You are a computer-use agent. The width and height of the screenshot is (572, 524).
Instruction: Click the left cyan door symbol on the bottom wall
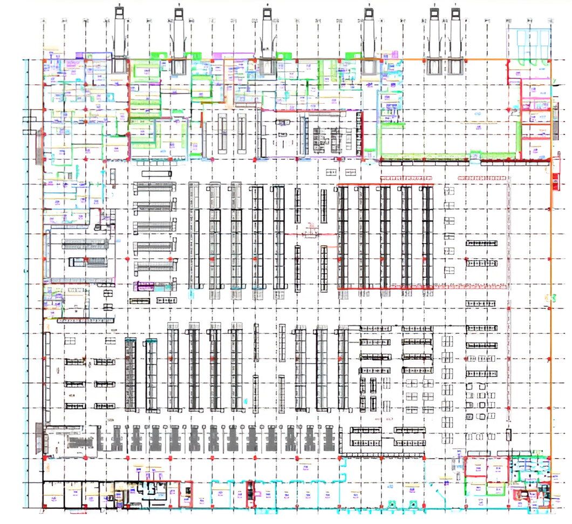coord(391,505)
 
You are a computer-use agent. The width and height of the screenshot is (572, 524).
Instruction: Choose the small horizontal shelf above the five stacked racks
coord(156,173)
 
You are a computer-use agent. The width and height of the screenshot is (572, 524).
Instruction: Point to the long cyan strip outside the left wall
coord(25,281)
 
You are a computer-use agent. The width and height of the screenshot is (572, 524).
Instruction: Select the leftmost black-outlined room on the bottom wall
coord(53,495)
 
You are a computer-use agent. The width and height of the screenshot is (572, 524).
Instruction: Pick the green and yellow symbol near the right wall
coord(551,297)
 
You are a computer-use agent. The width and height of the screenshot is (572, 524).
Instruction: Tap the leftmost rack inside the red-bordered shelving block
coord(343,237)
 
